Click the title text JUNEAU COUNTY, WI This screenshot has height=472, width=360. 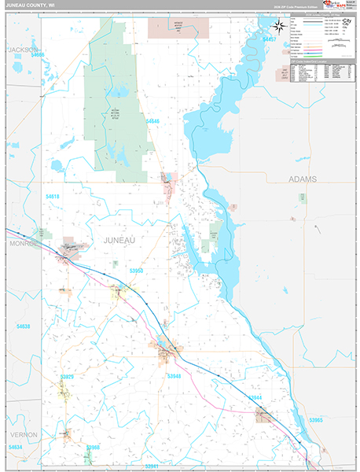click(x=30, y=6)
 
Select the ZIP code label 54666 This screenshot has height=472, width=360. click(x=33, y=55)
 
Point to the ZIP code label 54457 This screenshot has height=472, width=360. click(x=270, y=39)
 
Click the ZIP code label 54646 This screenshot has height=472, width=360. click(x=152, y=121)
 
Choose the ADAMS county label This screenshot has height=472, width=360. click(x=303, y=179)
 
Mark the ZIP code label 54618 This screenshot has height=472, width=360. click(x=53, y=195)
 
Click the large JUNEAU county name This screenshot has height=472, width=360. click(x=119, y=239)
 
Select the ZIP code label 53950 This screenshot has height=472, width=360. click(x=136, y=271)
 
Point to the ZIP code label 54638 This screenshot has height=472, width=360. click(x=23, y=325)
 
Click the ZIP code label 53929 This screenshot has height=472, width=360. click(x=67, y=377)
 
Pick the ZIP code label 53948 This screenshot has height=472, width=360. click(x=174, y=376)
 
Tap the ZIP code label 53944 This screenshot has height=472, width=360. click(x=254, y=398)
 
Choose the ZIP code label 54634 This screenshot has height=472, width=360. click(x=15, y=447)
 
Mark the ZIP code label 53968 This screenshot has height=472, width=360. click(x=92, y=447)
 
